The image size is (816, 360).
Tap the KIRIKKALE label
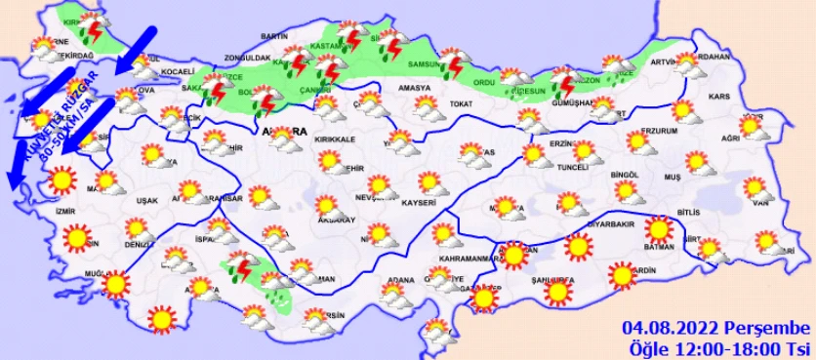[x=336, y=140]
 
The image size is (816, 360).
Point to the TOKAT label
[x=461, y=103]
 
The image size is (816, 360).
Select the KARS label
[x=720, y=98]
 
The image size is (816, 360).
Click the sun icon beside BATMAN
[x=660, y=230]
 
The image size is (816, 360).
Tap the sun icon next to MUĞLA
[x=117, y=284]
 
